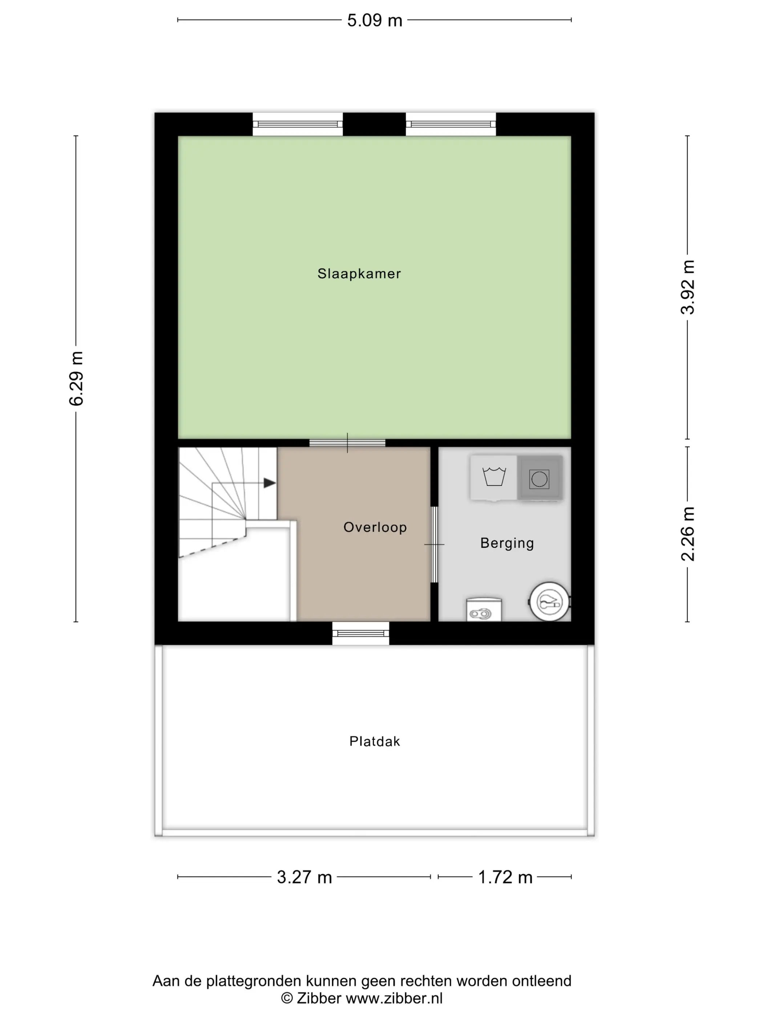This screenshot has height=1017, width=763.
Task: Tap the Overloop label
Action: [375, 527]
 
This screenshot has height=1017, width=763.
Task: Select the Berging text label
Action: [507, 543]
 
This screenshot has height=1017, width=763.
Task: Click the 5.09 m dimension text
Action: [374, 21]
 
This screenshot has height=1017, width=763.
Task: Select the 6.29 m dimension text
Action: [76, 378]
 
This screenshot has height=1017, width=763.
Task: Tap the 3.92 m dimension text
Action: [687, 287]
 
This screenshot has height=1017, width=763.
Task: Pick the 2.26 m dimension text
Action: [687, 534]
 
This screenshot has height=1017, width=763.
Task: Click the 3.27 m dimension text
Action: [304, 877]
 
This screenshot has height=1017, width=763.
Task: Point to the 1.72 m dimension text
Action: [505, 877]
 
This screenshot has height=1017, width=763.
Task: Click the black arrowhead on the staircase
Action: [270, 483]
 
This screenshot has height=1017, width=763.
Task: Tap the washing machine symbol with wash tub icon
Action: [493, 478]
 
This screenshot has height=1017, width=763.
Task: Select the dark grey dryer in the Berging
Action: [540, 478]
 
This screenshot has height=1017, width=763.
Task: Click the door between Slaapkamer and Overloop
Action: [347, 443]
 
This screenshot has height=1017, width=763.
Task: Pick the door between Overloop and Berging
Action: [434, 544]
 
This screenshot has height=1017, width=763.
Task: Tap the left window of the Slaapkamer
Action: [298, 124]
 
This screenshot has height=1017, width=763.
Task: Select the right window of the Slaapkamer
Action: [451, 124]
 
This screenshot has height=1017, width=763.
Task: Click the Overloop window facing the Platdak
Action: [360, 633]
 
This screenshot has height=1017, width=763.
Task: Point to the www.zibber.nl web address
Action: [394, 998]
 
